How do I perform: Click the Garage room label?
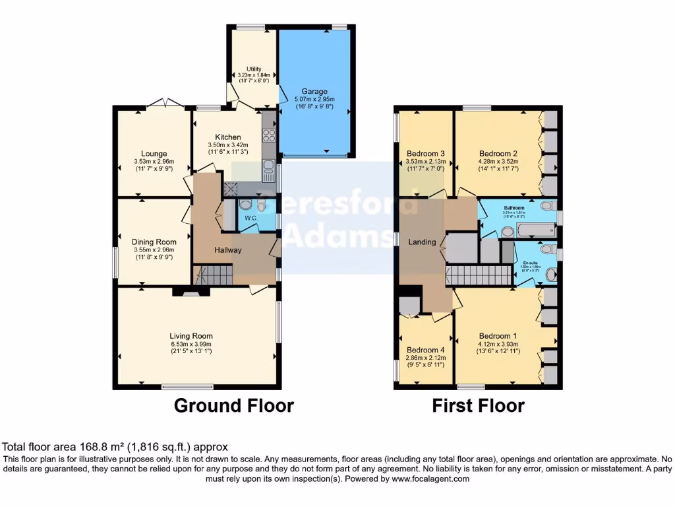(314, 91)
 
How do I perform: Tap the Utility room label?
(254, 69)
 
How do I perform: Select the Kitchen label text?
(227, 137)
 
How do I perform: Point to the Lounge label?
(153, 153)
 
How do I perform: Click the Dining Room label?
(153, 242)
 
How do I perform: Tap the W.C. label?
(250, 218)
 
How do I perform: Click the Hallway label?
(227, 250)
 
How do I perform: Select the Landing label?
(422, 242)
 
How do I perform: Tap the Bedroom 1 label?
(498, 335)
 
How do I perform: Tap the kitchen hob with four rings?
(269, 135)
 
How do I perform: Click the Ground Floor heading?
(233, 405)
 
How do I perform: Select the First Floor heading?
(478, 405)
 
